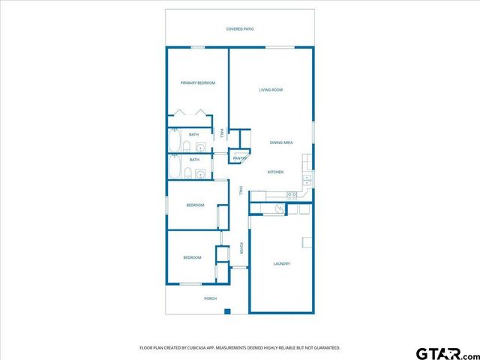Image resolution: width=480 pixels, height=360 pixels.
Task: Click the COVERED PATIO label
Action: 240,28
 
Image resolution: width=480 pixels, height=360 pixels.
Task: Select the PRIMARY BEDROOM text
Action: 198,82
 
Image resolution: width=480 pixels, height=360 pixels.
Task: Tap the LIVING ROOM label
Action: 271,90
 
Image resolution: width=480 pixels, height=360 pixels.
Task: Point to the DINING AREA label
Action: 281,142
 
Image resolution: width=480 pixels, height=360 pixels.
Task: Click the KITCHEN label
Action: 275,172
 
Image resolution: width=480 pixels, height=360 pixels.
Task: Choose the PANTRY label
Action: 240,158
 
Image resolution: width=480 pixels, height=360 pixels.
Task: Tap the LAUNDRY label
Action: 281,263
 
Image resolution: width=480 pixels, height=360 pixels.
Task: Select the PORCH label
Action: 211,298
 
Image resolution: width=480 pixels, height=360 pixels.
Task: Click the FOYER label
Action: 241,248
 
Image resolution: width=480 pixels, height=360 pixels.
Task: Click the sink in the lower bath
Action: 199,174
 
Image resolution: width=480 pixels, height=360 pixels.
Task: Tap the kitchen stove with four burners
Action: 292,195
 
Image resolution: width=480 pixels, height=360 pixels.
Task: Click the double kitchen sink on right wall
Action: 307,181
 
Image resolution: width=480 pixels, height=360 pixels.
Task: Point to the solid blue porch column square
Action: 231,311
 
